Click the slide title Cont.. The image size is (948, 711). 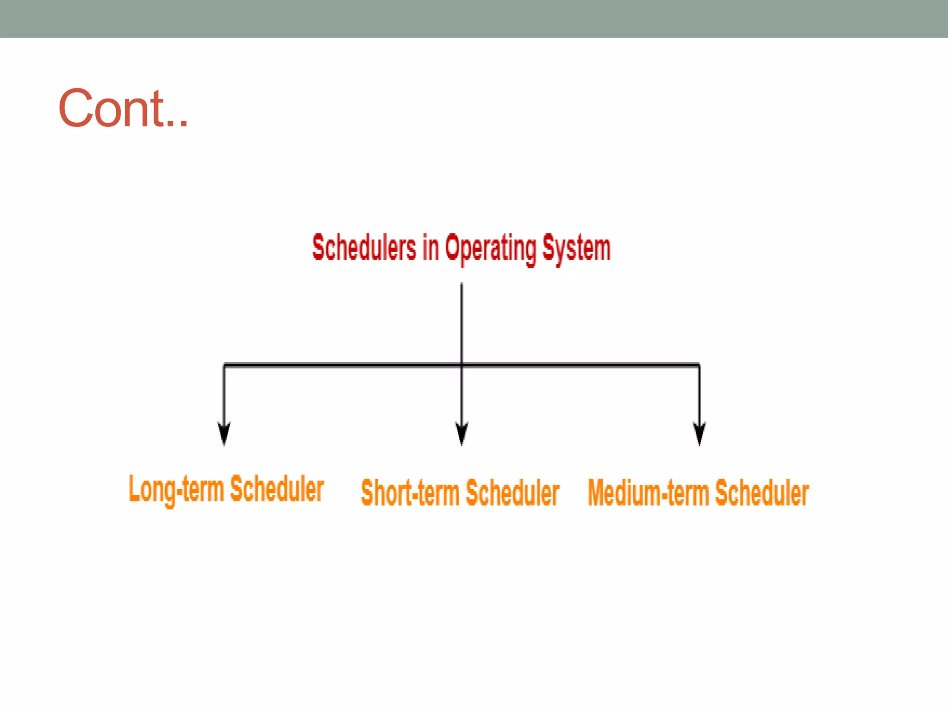point(123,108)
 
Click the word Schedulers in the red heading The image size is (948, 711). point(364,248)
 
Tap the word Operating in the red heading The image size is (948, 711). point(491,249)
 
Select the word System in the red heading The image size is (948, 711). point(576,249)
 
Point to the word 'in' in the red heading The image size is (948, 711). point(430,248)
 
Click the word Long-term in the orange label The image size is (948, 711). point(176,490)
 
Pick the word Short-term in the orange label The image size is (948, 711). point(410,493)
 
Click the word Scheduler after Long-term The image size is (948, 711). point(277,489)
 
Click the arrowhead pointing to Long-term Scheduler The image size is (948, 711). point(224,434)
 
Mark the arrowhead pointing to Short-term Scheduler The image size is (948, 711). point(462,434)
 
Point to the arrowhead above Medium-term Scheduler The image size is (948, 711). point(699,434)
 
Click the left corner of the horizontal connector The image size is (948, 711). point(225,365)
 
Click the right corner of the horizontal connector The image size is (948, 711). point(699,365)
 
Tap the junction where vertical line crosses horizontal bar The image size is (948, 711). point(462,365)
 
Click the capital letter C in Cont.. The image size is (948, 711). point(76,108)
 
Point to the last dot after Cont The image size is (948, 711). point(184,124)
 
